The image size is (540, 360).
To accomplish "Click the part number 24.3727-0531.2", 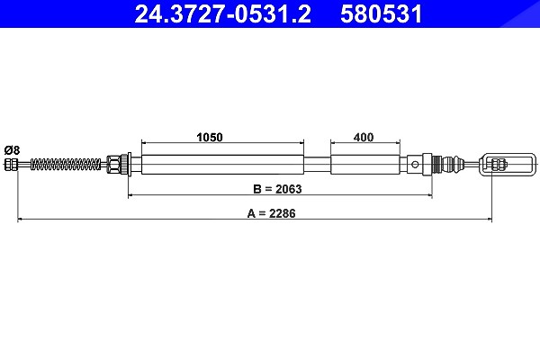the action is point(222,14).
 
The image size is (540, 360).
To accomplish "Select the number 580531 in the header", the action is point(382,14).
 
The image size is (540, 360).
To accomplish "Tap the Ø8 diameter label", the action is point(12,150).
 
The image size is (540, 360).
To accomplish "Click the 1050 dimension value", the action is point(210,137).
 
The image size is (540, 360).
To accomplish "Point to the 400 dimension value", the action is point(364,137).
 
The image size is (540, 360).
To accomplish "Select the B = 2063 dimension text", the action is point(277,189).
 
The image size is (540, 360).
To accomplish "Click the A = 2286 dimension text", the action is point(272,213).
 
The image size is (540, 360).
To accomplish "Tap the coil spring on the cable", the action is point(66,165).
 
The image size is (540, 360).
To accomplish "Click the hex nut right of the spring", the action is point(112,165).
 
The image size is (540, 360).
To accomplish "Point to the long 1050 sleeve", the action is point(222,165).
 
